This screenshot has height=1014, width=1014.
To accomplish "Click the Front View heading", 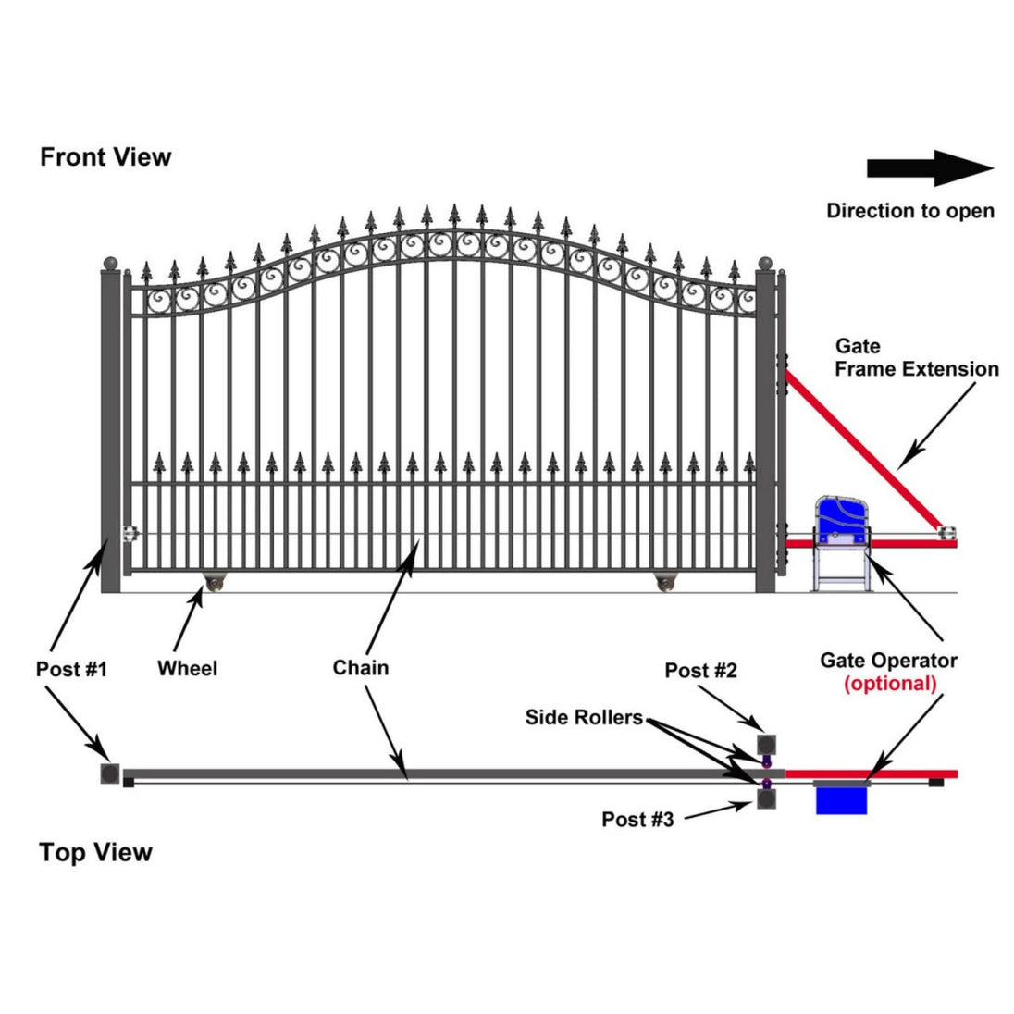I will (x=105, y=157).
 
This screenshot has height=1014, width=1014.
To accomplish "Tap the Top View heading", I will (x=95, y=852).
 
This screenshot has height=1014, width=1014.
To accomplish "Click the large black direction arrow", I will (x=929, y=168).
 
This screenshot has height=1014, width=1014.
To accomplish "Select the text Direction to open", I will (x=909, y=211).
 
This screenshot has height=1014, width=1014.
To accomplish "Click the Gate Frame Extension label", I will (x=916, y=358).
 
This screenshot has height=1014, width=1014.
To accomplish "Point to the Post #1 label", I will (x=71, y=669).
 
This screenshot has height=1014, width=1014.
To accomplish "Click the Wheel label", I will (x=187, y=668).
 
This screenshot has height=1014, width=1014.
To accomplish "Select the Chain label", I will (x=360, y=668).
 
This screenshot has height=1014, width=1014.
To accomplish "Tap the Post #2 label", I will (x=700, y=671).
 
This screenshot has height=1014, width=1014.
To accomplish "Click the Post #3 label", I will (x=637, y=819).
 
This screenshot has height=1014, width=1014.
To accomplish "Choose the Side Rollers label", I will (x=584, y=717).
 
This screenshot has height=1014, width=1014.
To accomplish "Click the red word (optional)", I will (x=889, y=684).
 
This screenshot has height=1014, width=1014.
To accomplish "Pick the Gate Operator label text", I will (x=888, y=661).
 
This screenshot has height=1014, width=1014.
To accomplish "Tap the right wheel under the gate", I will (x=664, y=584).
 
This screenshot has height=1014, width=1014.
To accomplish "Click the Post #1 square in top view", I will (x=110, y=773).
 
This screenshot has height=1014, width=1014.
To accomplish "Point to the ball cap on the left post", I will (x=111, y=264).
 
